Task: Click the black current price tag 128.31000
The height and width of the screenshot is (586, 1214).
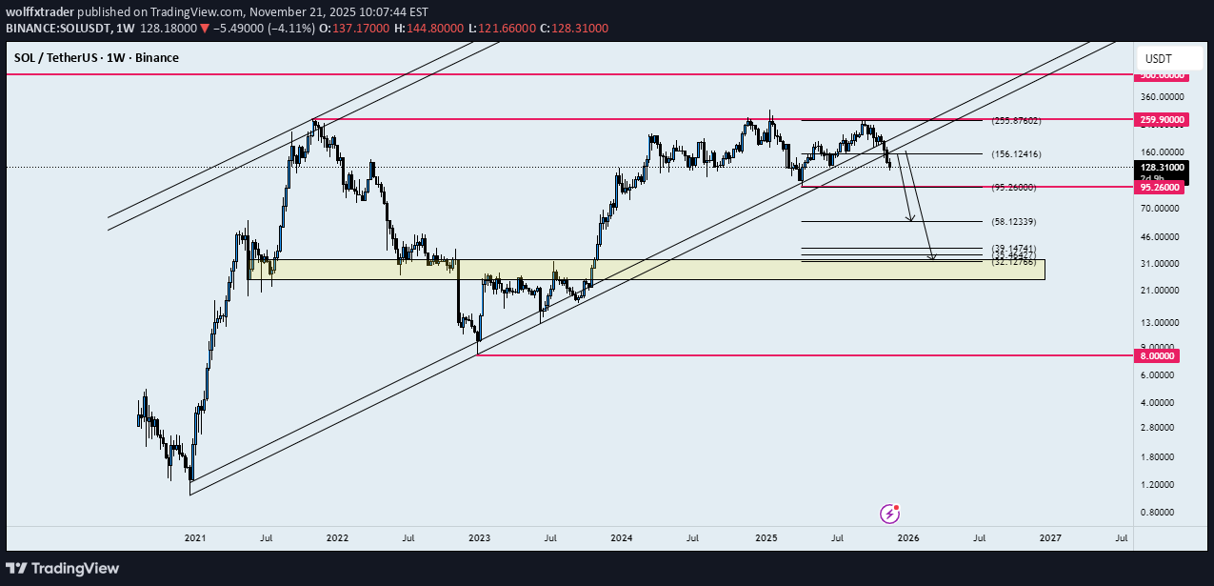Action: pyautogui.click(x=1163, y=167)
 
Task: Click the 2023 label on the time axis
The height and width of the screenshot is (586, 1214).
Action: pyautogui.click(x=479, y=538)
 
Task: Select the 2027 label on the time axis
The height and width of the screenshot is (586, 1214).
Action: pyautogui.click(x=1050, y=538)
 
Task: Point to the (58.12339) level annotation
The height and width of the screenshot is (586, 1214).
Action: pyautogui.click(x=1014, y=222)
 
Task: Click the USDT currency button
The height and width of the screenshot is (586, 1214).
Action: pyautogui.click(x=1159, y=58)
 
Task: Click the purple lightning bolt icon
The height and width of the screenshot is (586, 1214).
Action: pyautogui.click(x=890, y=514)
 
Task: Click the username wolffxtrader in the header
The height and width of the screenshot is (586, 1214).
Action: pyautogui.click(x=45, y=11)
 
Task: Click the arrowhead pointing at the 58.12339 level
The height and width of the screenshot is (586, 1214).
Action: pyautogui.click(x=911, y=220)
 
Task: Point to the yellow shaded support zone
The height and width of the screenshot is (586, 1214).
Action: pyautogui.click(x=647, y=270)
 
